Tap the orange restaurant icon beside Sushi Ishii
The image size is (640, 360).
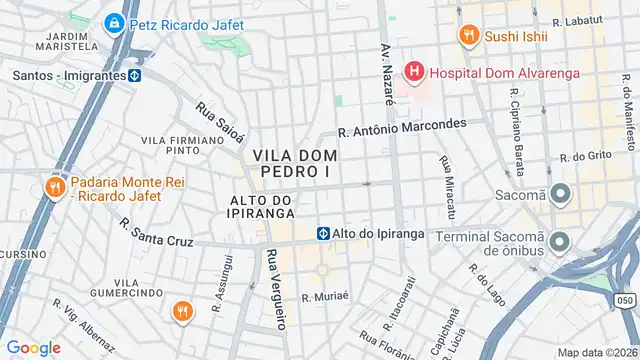[x=467, y=36]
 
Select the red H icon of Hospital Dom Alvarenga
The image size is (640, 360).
[x=412, y=72]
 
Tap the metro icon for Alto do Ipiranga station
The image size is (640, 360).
[x=324, y=233]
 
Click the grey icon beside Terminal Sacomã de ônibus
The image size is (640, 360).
[x=559, y=241]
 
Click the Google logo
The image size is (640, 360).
[x=33, y=347]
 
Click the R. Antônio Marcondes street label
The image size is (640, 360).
[x=402, y=128]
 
